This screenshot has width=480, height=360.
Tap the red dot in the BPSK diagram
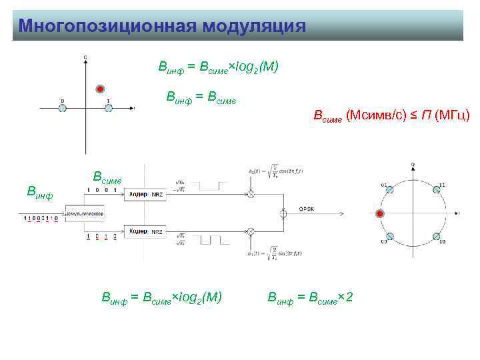tap(99, 89)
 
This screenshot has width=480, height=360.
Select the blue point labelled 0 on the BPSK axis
tap(62, 107)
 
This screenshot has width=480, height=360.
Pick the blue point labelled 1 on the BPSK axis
tap(108, 107)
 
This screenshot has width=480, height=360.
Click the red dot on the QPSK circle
tap(379, 214)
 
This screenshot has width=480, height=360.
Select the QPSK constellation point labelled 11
tap(437, 190)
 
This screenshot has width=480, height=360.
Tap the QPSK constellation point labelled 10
tap(436, 237)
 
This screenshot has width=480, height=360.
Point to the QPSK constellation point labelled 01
tap(390, 190)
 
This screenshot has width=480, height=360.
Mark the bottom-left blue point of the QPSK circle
tap(390, 237)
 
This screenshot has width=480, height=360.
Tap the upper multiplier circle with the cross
tap(251, 194)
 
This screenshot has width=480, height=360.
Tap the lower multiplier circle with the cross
tap(251, 231)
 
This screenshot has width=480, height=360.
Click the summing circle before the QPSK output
tap(284, 213)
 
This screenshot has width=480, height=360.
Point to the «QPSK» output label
tap(307, 209)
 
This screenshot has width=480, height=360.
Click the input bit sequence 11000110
tap(41, 218)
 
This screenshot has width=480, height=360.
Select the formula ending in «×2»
tap(309, 296)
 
